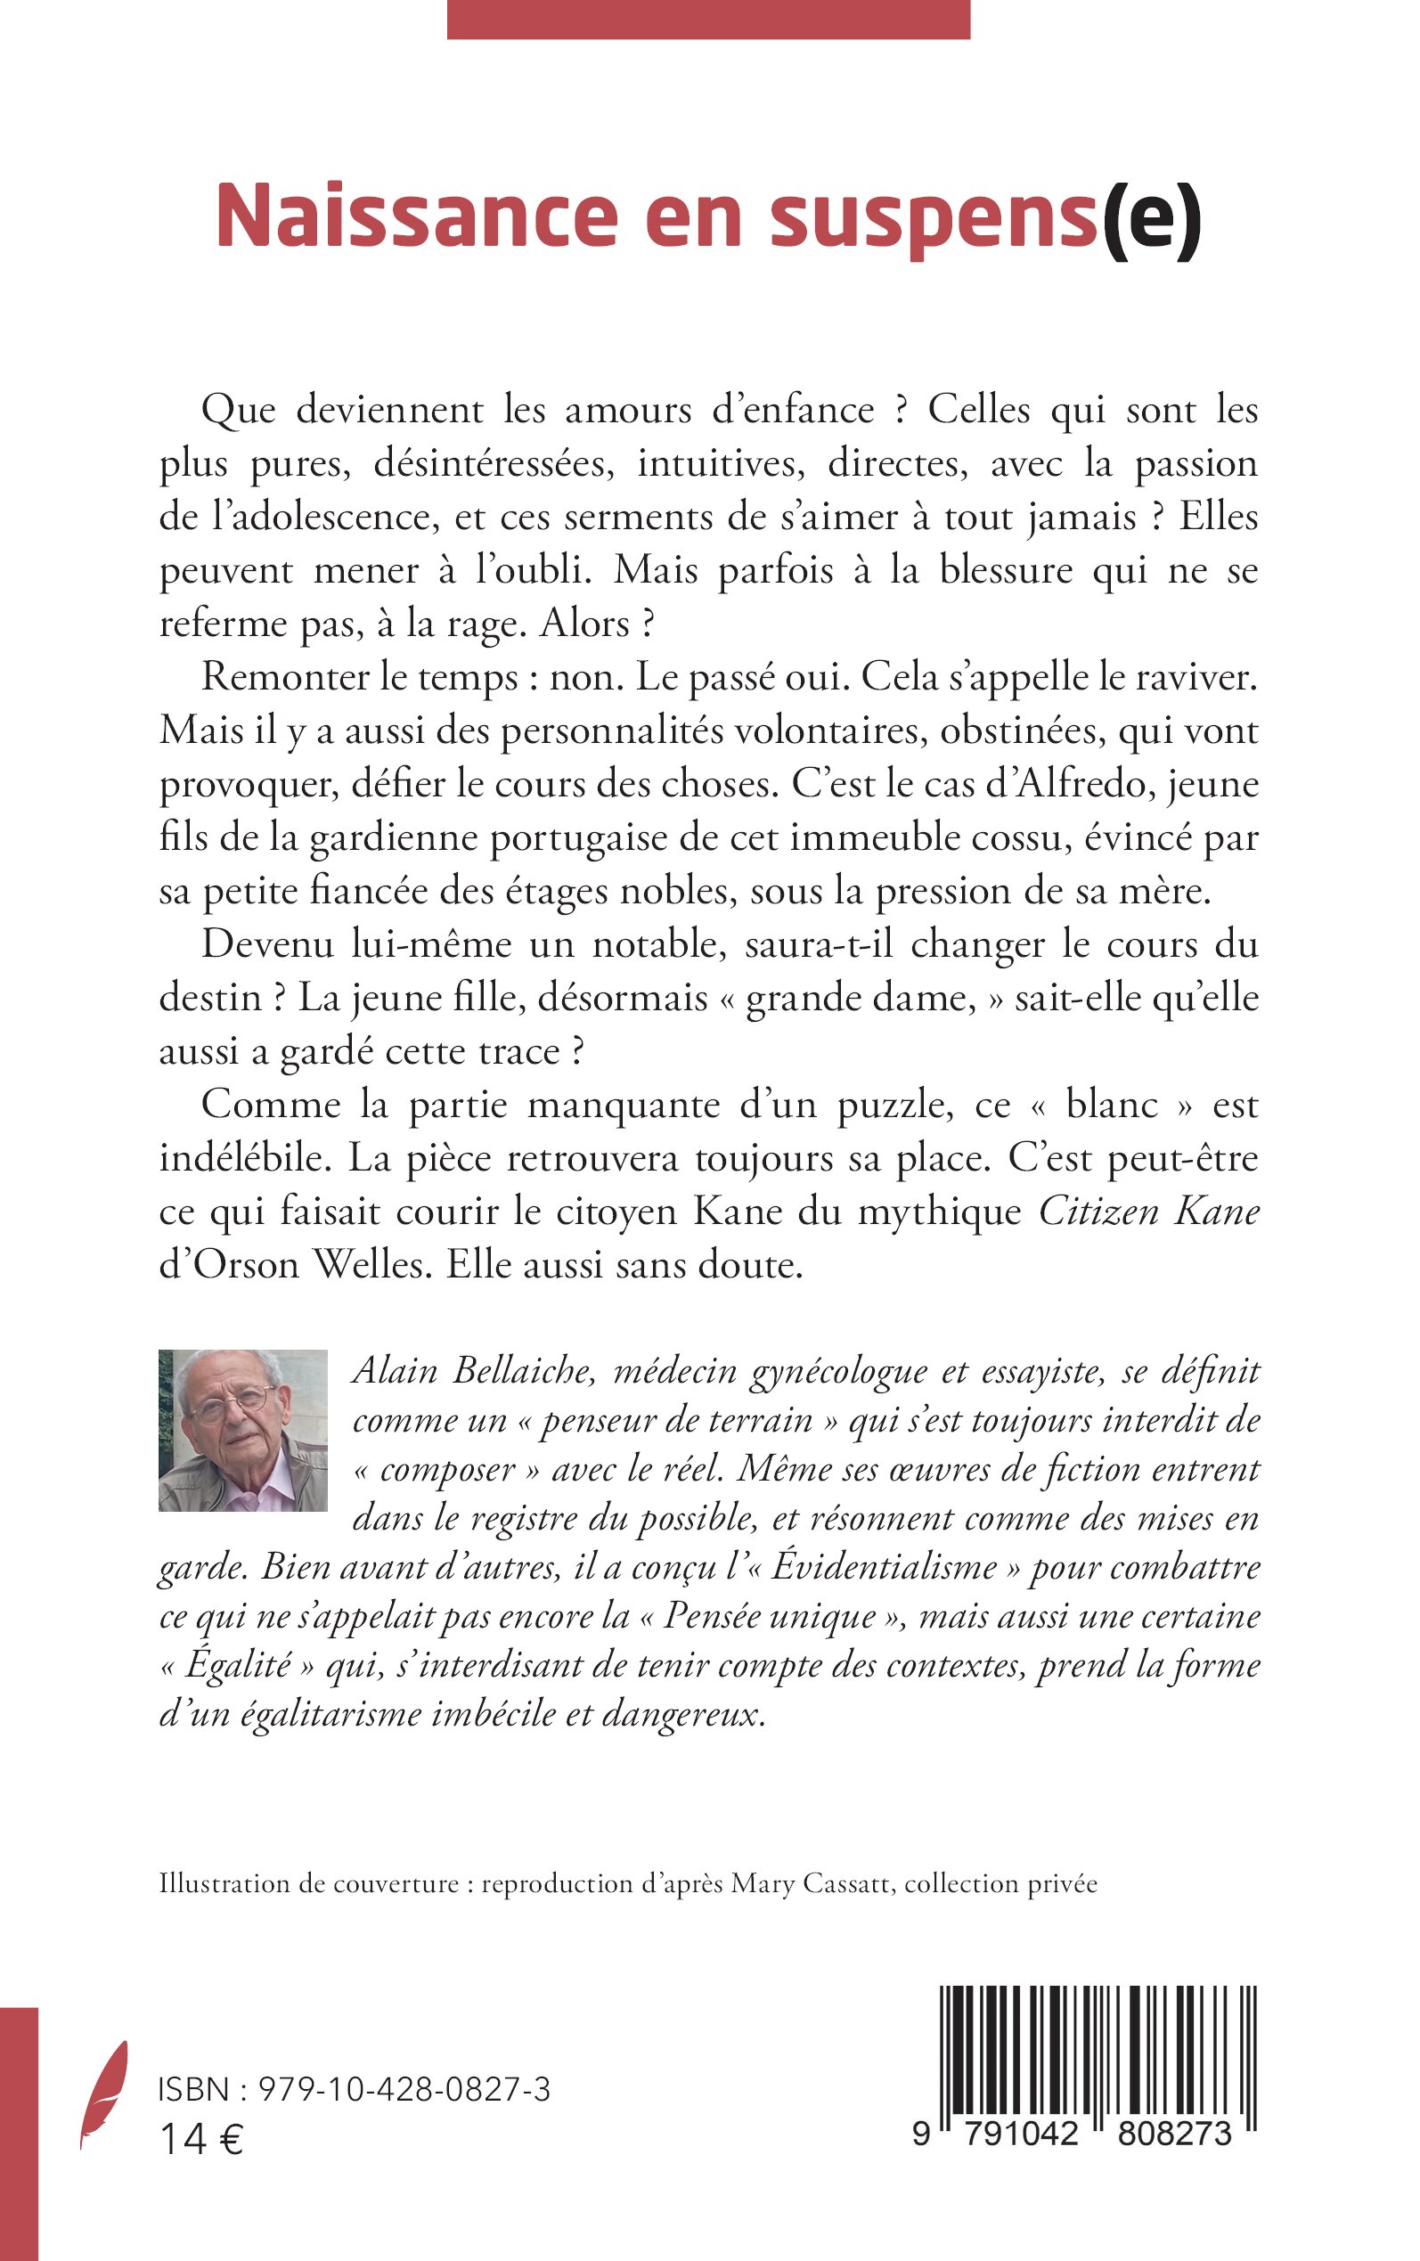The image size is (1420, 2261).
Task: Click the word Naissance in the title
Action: point(417,216)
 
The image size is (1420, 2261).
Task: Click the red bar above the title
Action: point(708,19)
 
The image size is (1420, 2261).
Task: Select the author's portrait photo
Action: point(242,1430)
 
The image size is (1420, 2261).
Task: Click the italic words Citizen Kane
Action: point(1147,1212)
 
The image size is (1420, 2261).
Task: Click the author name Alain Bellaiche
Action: point(474,1371)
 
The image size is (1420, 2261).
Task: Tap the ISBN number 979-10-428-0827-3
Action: point(404,2089)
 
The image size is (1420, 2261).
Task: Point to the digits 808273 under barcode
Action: point(1174,2134)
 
